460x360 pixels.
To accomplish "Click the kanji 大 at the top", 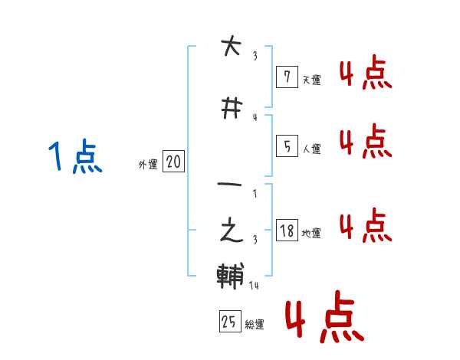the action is tap(231, 48).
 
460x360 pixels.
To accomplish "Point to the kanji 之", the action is tap(231, 231).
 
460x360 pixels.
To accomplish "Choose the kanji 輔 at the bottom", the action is tap(231, 277).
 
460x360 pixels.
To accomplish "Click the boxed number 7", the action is tap(286, 77).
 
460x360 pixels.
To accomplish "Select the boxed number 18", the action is tap(286, 231).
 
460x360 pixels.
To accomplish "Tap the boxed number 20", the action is tap(173, 162).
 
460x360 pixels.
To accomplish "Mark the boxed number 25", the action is tap(229, 322).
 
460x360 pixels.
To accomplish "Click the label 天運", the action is tap(311, 80).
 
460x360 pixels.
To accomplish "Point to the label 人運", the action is tap(311, 149).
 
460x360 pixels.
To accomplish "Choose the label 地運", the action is tap(311, 233).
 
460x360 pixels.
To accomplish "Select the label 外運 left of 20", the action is tap(147, 164).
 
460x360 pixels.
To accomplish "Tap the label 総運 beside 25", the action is tap(255, 325).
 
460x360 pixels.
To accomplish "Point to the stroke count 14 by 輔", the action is tap(255, 286).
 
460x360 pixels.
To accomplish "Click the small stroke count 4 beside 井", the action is tap(255, 117).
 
